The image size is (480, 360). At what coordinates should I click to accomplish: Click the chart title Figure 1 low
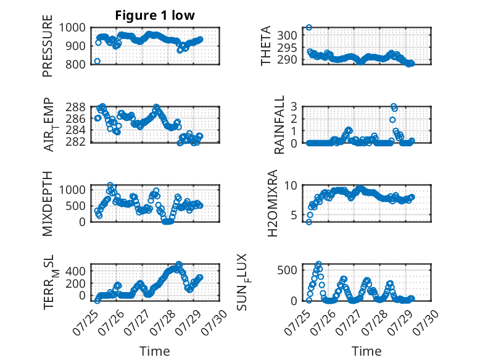point(155,15)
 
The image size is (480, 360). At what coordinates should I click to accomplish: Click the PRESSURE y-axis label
point(48,46)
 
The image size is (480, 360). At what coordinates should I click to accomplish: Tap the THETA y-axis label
point(266,46)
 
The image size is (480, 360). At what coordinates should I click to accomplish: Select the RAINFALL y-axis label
point(279,125)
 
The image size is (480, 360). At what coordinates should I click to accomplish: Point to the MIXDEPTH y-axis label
point(48,204)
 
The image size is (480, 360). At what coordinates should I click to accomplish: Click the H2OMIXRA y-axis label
point(272,203)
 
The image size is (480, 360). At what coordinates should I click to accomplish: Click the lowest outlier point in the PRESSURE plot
point(97,61)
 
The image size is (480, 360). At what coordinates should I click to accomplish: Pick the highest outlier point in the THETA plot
point(309,27)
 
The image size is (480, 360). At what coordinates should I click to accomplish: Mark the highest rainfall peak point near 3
point(394,106)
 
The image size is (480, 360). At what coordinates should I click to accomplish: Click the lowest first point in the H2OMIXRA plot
point(309,222)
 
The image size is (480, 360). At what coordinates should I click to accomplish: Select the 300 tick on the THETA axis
point(287,35)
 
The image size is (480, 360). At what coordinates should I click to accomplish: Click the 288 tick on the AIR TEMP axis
point(75,107)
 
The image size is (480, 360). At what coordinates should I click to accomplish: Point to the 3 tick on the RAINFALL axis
point(294,107)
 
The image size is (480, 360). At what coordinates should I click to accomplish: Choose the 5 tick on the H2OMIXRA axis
point(294,216)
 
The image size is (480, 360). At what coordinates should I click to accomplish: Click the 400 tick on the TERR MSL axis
point(75,271)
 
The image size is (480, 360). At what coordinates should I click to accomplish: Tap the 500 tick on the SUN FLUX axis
point(287,270)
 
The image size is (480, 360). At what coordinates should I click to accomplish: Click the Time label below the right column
point(366,351)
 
